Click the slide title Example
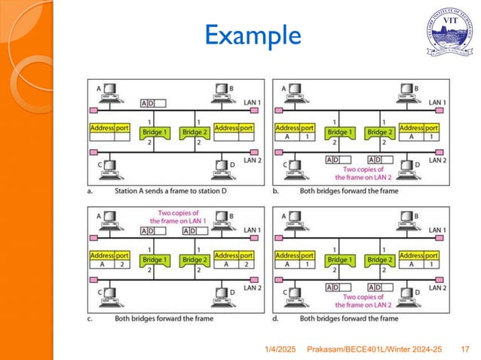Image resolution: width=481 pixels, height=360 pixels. pos(253,35)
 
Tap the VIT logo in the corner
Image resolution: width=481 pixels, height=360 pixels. pos(450,32)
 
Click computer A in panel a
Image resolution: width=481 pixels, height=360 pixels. pos(109,93)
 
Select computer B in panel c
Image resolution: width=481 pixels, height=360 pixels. pos(222,219)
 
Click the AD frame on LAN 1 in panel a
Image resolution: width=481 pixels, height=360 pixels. pos(153,103)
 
